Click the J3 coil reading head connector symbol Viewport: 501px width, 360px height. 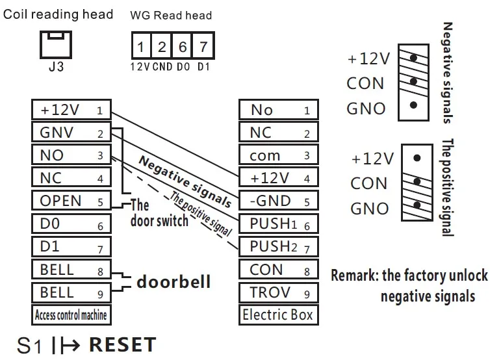57,44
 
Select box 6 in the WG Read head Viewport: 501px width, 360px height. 183,47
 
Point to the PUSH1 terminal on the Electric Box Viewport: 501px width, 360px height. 278,224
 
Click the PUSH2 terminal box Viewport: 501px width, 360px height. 278,246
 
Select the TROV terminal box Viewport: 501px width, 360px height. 278,292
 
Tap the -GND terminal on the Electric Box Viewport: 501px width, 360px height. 278,201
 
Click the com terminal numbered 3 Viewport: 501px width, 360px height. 278,155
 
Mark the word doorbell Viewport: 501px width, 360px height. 173,283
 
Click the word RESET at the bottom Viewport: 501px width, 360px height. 122,344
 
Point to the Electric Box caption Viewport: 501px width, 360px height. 278,315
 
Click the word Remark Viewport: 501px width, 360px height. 354,276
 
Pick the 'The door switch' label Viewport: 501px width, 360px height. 159,213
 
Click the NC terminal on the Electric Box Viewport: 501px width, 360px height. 278,133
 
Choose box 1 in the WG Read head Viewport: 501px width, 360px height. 141,47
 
